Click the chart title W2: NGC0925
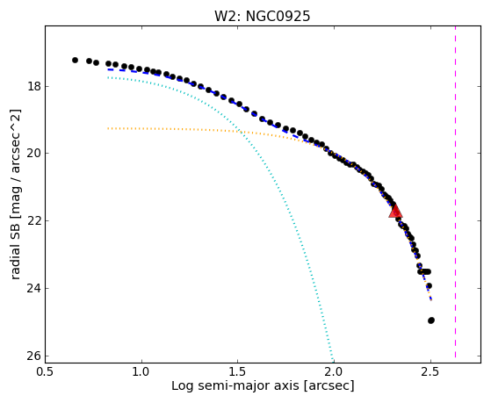pos(262,17)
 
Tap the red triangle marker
pos(395,211)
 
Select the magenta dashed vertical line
pos(455,191)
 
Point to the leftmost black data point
pos(75,60)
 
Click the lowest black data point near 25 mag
pos(431,320)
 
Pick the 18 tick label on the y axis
pos(34,86)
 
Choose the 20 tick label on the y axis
pos(34,154)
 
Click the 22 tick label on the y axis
pos(34,220)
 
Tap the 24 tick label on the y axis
pos(34,288)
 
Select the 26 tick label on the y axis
pos(34,356)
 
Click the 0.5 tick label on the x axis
pos(45,371)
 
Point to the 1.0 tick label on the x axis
pos(141,371)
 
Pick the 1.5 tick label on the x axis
pos(238,371)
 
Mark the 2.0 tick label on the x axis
pos(334,371)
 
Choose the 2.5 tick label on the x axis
pos(430,371)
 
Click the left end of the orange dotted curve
pos(108,128)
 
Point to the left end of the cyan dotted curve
pos(108,77)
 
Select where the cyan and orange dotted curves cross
pos(240,131)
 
